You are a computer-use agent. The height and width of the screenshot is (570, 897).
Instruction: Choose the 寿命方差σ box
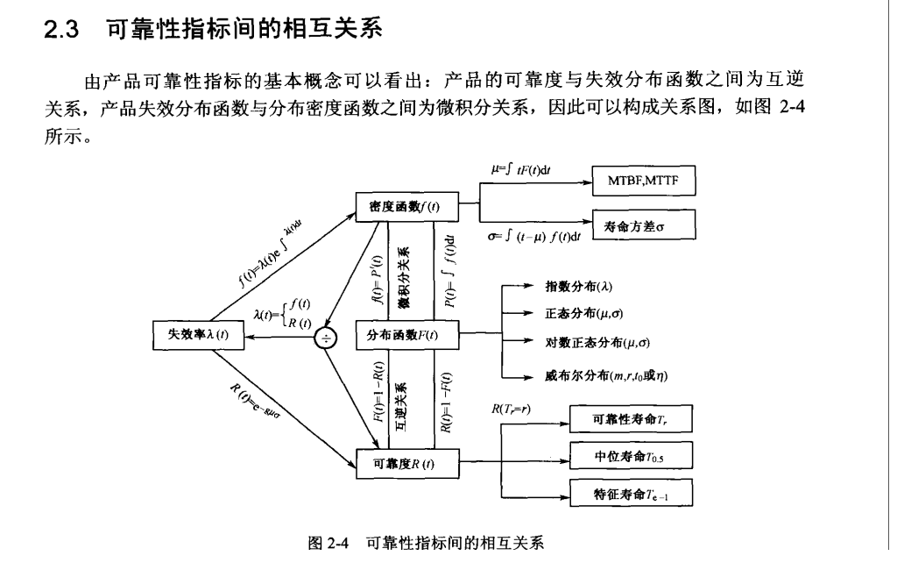tap(644, 224)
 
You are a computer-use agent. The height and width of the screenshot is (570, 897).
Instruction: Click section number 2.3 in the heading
tap(62, 30)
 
